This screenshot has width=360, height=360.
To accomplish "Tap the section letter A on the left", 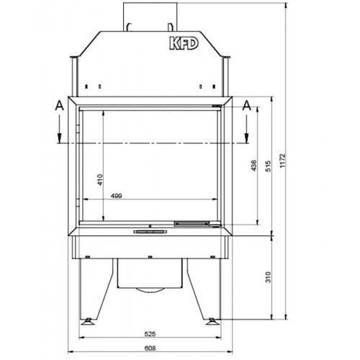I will coord(59,105).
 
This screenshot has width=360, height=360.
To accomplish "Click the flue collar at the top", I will coord(149,14).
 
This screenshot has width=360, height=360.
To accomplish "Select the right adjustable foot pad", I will coord(212,320).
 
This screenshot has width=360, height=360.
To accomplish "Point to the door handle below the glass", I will coord(149,232).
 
